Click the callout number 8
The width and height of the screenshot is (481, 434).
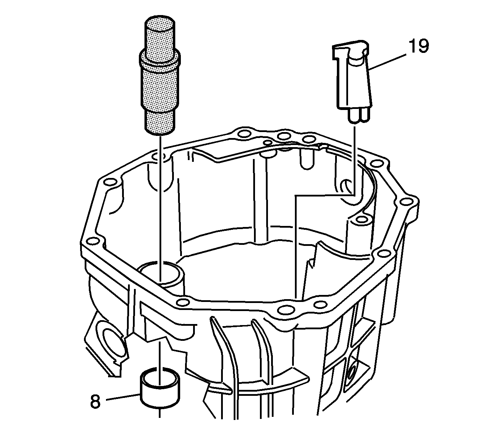click(x=95, y=401)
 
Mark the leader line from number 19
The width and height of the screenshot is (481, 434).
click(x=388, y=62)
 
